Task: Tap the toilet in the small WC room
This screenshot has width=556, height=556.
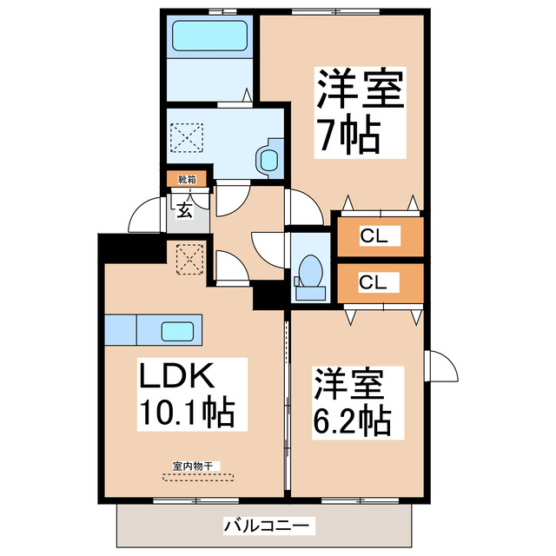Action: pyautogui.click(x=308, y=271)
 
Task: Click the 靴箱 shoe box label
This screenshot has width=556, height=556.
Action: pyautogui.click(x=188, y=180)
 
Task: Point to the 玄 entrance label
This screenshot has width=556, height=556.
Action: pyautogui.click(x=187, y=208)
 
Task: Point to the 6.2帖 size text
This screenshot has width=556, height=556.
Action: pyautogui.click(x=351, y=420)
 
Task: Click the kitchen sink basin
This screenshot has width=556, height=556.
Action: pyautogui.click(x=177, y=330)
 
